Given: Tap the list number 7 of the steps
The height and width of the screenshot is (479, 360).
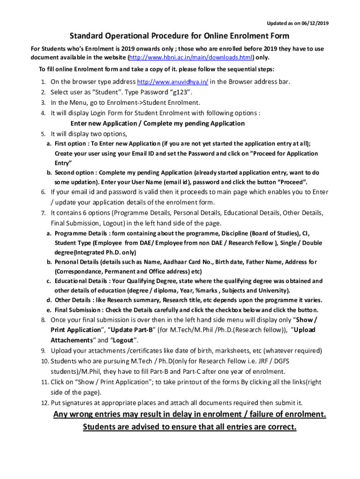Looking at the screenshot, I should [43, 213].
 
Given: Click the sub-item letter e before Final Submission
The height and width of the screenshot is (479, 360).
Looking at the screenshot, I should [49, 310].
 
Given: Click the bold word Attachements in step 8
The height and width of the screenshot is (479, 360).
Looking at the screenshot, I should [72, 340].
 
